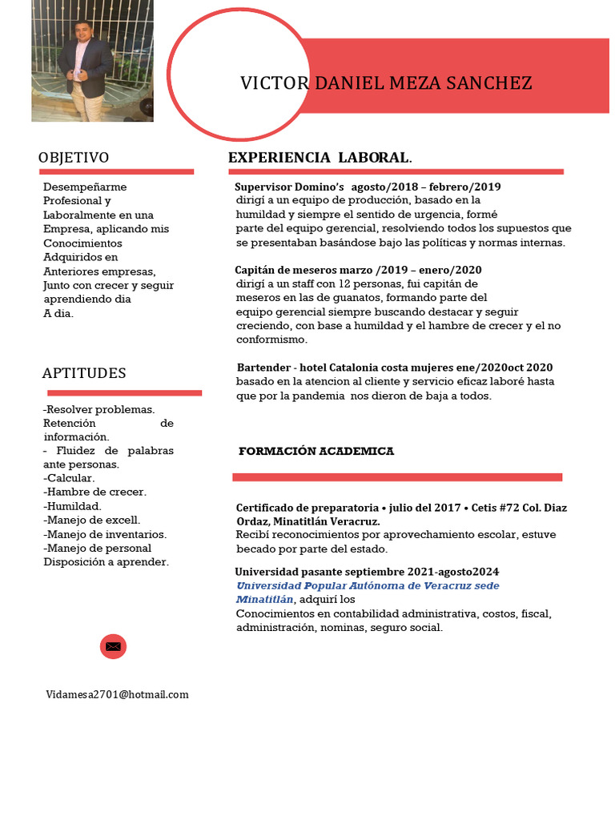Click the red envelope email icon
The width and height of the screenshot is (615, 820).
tap(113, 645)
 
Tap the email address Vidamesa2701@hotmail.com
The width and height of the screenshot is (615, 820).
tap(117, 694)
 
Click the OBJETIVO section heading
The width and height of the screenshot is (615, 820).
tap(74, 158)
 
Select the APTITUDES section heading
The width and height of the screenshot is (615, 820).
tap(84, 373)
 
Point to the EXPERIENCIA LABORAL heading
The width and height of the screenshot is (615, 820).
tap(320, 157)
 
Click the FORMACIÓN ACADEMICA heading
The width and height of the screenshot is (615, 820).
tap(316, 452)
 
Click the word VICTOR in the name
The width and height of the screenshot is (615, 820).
tap(274, 83)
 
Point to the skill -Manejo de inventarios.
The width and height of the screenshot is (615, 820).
tap(105, 534)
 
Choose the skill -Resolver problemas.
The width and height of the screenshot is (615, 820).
tap(98, 409)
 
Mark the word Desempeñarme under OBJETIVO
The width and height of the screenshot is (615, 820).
tap(85, 187)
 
